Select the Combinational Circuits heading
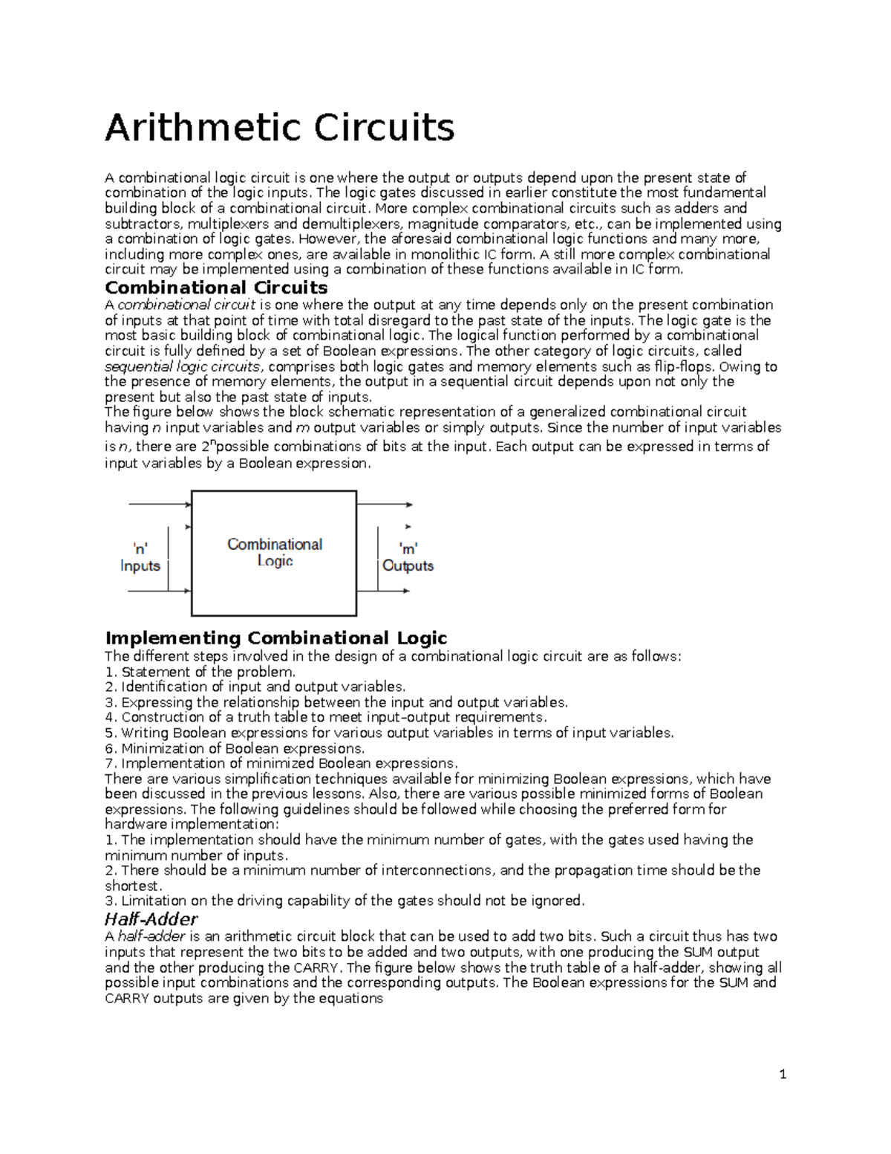[216, 288]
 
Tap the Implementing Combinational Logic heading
[276, 638]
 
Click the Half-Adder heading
[151, 919]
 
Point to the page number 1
[783, 1074]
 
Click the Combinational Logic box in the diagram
[274, 553]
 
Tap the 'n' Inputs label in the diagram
[140, 557]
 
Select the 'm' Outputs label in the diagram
[408, 557]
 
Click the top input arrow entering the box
[160, 504]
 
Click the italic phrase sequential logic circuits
[183, 366]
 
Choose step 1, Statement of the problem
[200, 672]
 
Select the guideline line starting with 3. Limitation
[345, 901]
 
